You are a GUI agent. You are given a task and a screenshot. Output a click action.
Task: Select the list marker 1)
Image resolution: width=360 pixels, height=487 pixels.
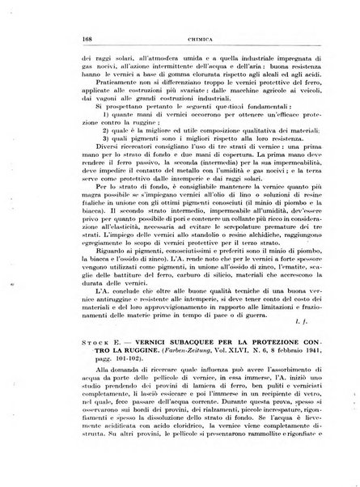click(87, 140)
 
